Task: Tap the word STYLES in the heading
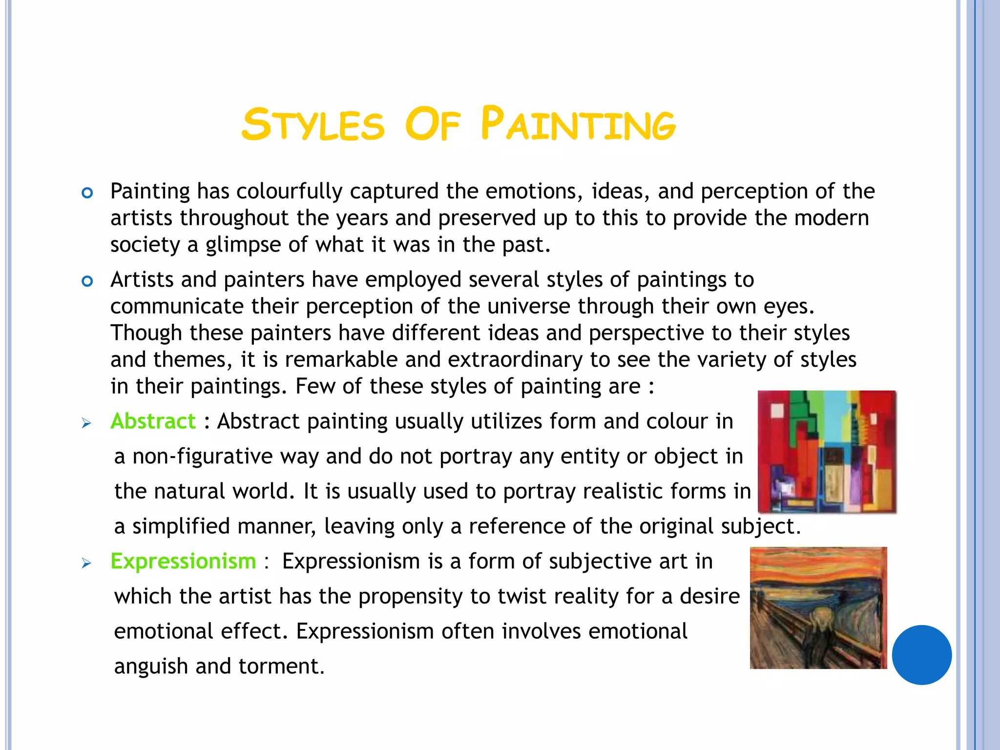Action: [313, 125]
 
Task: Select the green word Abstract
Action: [153, 421]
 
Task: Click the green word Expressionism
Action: [183, 561]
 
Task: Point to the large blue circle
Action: [921, 655]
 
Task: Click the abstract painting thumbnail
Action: [827, 452]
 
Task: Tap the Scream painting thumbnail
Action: [818, 608]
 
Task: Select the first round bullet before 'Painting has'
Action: [87, 193]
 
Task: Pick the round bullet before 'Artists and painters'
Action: [87, 281]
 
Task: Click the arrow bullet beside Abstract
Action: [86, 423]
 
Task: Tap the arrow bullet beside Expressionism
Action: [86, 563]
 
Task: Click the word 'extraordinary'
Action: [515, 360]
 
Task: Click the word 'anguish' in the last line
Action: [151, 667]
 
